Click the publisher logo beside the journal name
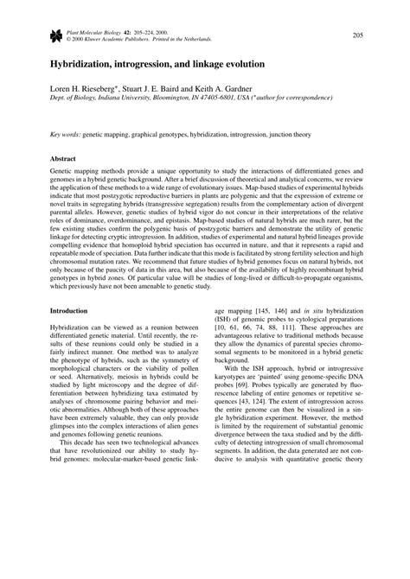click(x=57, y=35)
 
